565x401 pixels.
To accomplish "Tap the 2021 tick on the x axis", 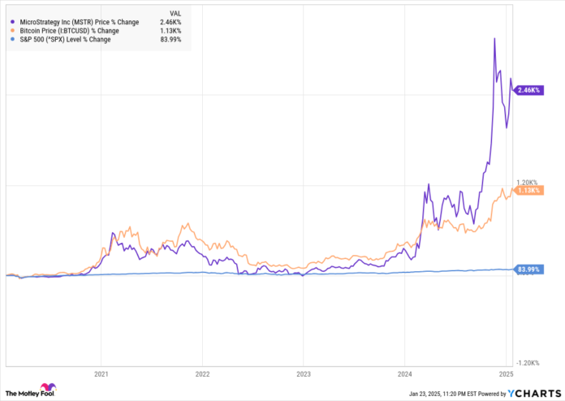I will [x=101, y=375].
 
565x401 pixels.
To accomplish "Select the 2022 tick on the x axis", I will [x=202, y=375].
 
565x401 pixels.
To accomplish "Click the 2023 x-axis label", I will [x=303, y=375].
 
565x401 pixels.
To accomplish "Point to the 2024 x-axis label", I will [x=404, y=375].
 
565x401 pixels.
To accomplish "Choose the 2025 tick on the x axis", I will [x=506, y=375].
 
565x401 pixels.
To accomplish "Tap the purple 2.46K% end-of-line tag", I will [x=529, y=91].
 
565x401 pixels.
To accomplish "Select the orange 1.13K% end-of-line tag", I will [x=529, y=191].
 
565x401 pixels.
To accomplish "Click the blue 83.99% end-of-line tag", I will [x=529, y=269].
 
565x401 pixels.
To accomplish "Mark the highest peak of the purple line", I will [x=495, y=38].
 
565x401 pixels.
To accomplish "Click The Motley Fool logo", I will [x=31, y=392].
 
